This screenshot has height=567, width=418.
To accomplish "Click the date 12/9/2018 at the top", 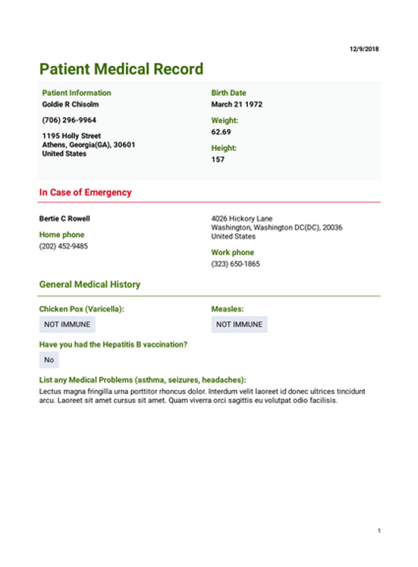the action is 364,49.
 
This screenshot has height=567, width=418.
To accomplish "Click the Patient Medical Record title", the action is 121,70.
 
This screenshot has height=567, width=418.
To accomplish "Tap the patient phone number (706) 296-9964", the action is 69,120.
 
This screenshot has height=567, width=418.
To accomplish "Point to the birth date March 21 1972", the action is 237,104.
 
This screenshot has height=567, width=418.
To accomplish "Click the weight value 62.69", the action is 221,132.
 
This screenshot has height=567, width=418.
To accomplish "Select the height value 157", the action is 218,160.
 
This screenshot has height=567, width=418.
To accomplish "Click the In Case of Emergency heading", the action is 85,193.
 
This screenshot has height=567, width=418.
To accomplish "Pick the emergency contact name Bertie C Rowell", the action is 64,219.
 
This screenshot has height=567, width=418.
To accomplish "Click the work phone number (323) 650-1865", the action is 235,264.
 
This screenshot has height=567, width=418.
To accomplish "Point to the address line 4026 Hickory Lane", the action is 241,219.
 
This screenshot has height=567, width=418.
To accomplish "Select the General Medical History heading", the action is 89,285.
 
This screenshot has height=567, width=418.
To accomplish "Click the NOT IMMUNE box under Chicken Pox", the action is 67,325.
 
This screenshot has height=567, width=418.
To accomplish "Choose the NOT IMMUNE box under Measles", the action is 239,325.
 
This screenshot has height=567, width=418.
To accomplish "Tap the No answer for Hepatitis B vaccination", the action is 49,360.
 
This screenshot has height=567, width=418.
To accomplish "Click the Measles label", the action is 227,309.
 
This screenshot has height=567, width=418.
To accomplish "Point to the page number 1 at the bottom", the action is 379,531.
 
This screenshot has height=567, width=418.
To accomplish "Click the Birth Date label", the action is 228,93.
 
